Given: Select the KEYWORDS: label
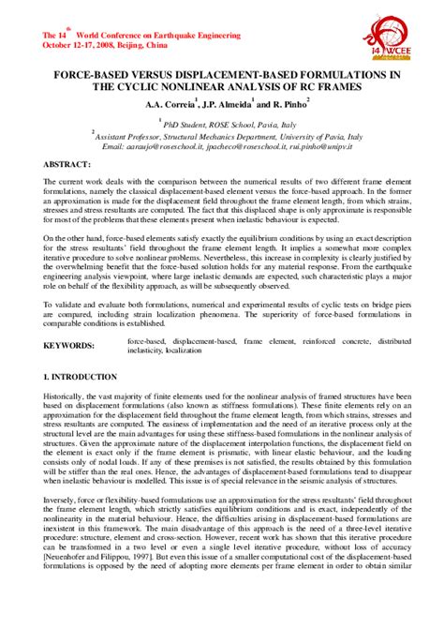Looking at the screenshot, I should pyautogui.click(x=70, y=320).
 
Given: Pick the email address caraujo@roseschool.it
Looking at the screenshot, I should pyautogui.click(x=164, y=147).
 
